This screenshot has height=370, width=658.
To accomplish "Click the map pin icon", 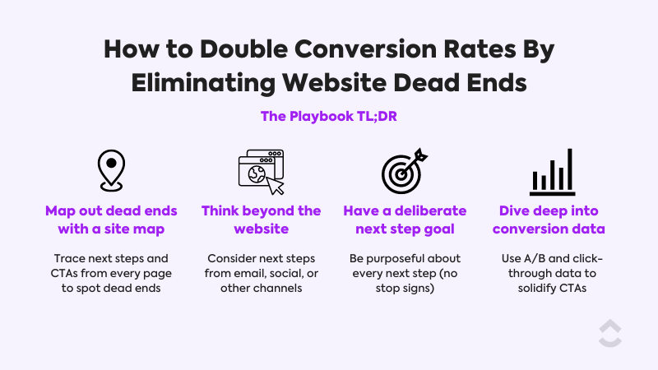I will (111, 170).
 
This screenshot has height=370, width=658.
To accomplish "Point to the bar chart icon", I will (551, 172).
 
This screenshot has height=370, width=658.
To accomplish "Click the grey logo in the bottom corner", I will (609, 333).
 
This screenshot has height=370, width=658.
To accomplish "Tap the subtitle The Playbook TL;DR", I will (329, 117).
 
